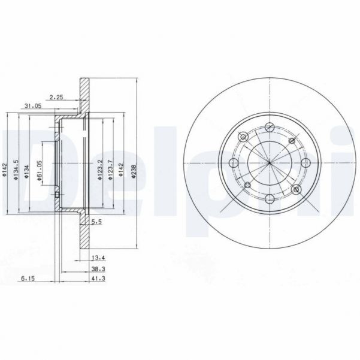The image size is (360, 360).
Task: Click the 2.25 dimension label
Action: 56,96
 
